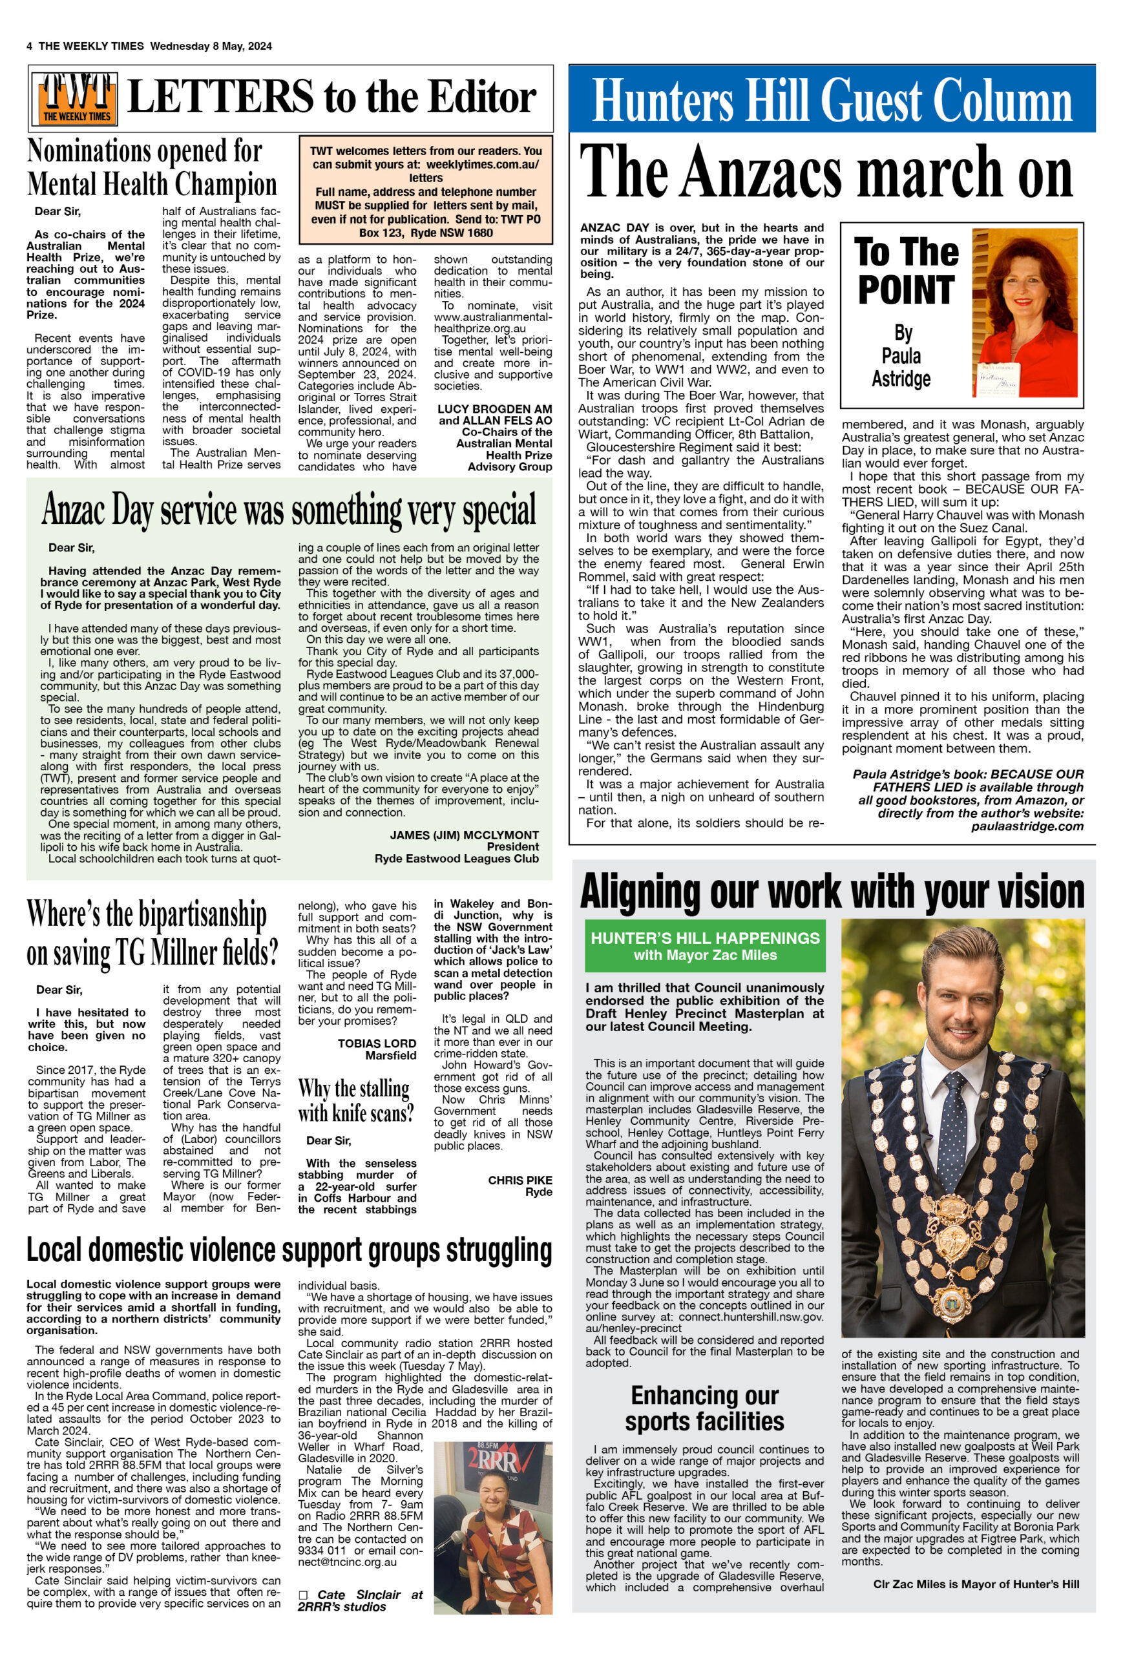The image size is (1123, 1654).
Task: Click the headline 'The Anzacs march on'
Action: pos(826,173)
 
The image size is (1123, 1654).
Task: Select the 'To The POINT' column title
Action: pos(906,271)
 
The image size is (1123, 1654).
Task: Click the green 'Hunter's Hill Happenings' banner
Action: pos(704,946)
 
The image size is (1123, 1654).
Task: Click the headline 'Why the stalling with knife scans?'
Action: pos(355,1100)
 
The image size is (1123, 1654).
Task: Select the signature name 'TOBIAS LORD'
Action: pos(377,1043)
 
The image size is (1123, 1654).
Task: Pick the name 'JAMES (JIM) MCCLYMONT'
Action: pos(464,835)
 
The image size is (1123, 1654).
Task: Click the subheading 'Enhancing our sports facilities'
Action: pos(704,1408)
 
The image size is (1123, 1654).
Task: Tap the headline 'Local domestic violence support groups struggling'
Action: pos(289,1249)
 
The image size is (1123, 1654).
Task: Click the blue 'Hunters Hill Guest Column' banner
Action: pos(831,99)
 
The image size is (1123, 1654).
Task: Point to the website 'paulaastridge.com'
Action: pos(1027,826)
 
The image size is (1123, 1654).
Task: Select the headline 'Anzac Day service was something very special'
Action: pos(289,510)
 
